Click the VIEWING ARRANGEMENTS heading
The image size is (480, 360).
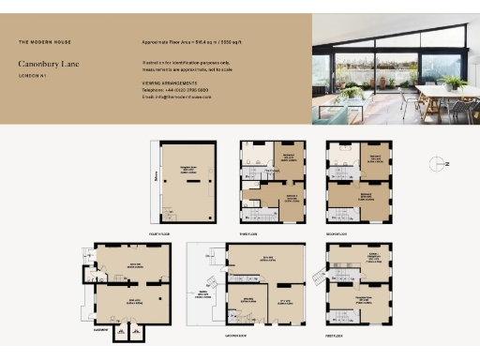(170, 83)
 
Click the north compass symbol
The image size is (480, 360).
(439, 164)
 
